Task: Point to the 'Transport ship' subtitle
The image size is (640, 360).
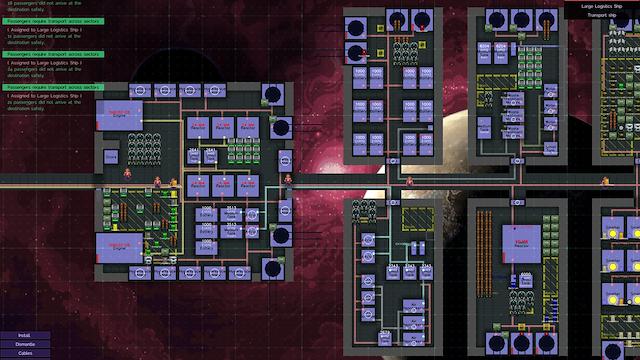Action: click(x=601, y=16)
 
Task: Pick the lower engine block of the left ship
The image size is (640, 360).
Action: click(x=119, y=247)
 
